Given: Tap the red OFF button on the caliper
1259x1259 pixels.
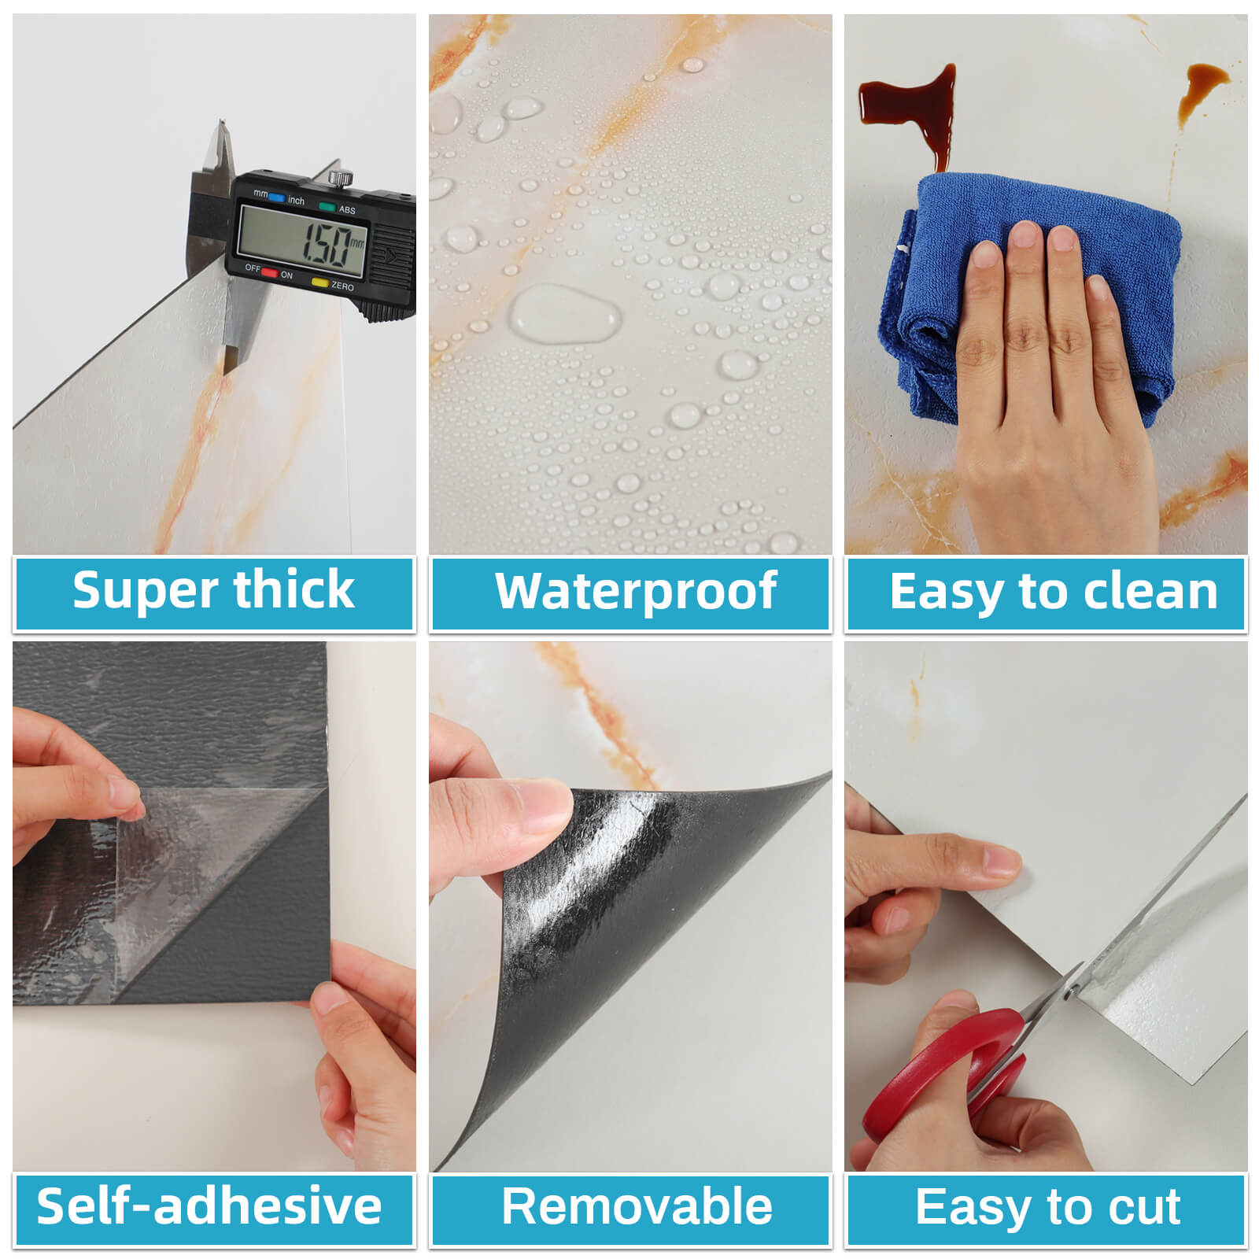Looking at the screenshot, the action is coord(269,273).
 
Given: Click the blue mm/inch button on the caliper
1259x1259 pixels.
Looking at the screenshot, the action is coord(275,198).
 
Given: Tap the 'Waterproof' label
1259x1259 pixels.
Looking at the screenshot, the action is coord(636,592).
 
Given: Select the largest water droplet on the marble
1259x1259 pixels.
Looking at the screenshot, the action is coord(564,313).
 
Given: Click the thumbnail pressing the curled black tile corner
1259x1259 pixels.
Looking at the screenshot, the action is coord(545,807).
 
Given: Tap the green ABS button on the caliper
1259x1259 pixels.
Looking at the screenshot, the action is coord(327,206).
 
